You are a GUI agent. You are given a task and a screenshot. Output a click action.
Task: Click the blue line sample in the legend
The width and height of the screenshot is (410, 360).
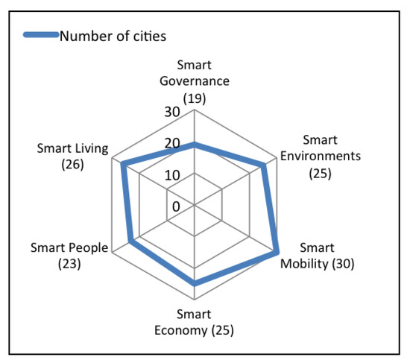(x=42, y=35)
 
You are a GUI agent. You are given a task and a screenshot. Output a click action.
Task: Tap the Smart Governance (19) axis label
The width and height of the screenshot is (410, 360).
(x=195, y=81)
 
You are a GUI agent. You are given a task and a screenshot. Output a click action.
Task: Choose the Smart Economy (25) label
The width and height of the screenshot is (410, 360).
(x=195, y=322)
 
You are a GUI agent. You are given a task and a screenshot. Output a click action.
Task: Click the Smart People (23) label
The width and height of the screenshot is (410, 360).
(x=69, y=256)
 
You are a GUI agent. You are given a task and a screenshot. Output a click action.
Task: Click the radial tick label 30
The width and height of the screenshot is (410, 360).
(x=173, y=113)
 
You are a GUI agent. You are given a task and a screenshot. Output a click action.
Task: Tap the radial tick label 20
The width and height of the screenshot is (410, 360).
(x=173, y=144)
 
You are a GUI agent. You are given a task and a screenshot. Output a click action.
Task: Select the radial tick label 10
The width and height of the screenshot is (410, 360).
(x=173, y=175)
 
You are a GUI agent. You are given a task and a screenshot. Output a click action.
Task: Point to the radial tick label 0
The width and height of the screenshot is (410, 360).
(x=177, y=206)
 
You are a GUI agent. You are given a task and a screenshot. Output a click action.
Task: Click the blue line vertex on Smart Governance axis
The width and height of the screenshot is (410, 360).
(x=195, y=145)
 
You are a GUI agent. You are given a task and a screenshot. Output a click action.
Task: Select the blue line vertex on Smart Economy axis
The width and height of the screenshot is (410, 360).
(x=195, y=283)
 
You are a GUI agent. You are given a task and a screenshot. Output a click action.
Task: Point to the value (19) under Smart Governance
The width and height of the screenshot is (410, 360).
(x=195, y=96)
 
